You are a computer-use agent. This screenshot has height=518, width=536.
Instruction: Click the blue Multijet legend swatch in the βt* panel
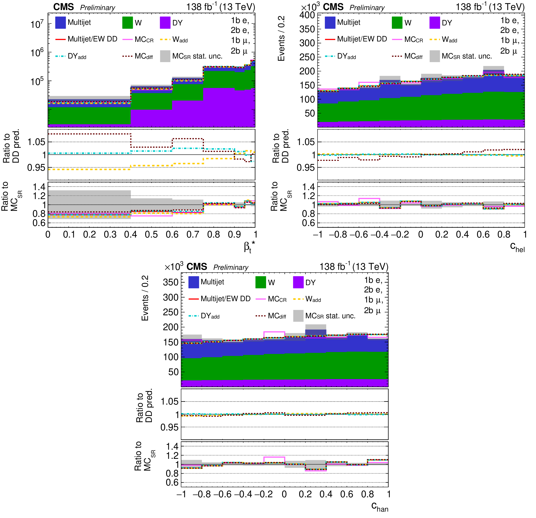(60, 23)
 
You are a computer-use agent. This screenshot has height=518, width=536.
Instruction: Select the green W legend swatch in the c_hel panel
(397, 23)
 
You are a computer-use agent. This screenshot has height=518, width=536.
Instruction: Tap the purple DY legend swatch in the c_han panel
(298, 282)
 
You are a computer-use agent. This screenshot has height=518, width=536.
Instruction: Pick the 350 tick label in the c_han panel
(171, 282)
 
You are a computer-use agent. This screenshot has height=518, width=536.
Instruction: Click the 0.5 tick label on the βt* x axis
(151, 234)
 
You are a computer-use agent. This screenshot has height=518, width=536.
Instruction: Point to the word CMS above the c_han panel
(197, 267)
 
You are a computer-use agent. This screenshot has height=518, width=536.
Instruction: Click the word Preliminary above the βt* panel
(98, 8)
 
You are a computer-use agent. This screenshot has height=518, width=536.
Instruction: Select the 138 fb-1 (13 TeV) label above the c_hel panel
(490, 7)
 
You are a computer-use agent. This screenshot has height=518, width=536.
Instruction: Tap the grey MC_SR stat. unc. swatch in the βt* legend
(165, 56)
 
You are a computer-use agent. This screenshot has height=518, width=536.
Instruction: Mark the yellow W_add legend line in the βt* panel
(165, 40)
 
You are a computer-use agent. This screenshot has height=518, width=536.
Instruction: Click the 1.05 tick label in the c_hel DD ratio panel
(306, 142)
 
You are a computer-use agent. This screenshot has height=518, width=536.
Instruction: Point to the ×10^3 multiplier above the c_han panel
(174, 267)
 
